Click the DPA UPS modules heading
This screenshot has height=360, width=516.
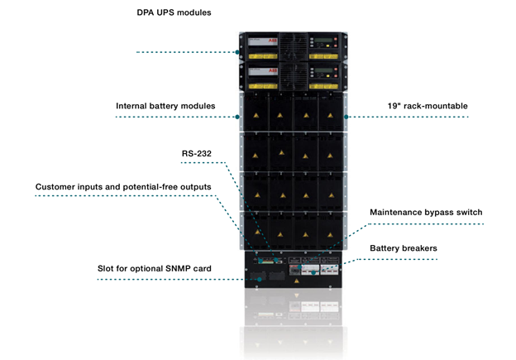point(174,14)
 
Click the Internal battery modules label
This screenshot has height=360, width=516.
point(165,106)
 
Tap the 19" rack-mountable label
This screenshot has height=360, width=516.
point(427,106)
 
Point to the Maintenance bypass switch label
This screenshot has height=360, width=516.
point(425,213)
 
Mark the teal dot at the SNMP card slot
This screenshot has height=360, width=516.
point(260,279)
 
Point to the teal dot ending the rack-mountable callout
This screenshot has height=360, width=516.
point(346,117)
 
